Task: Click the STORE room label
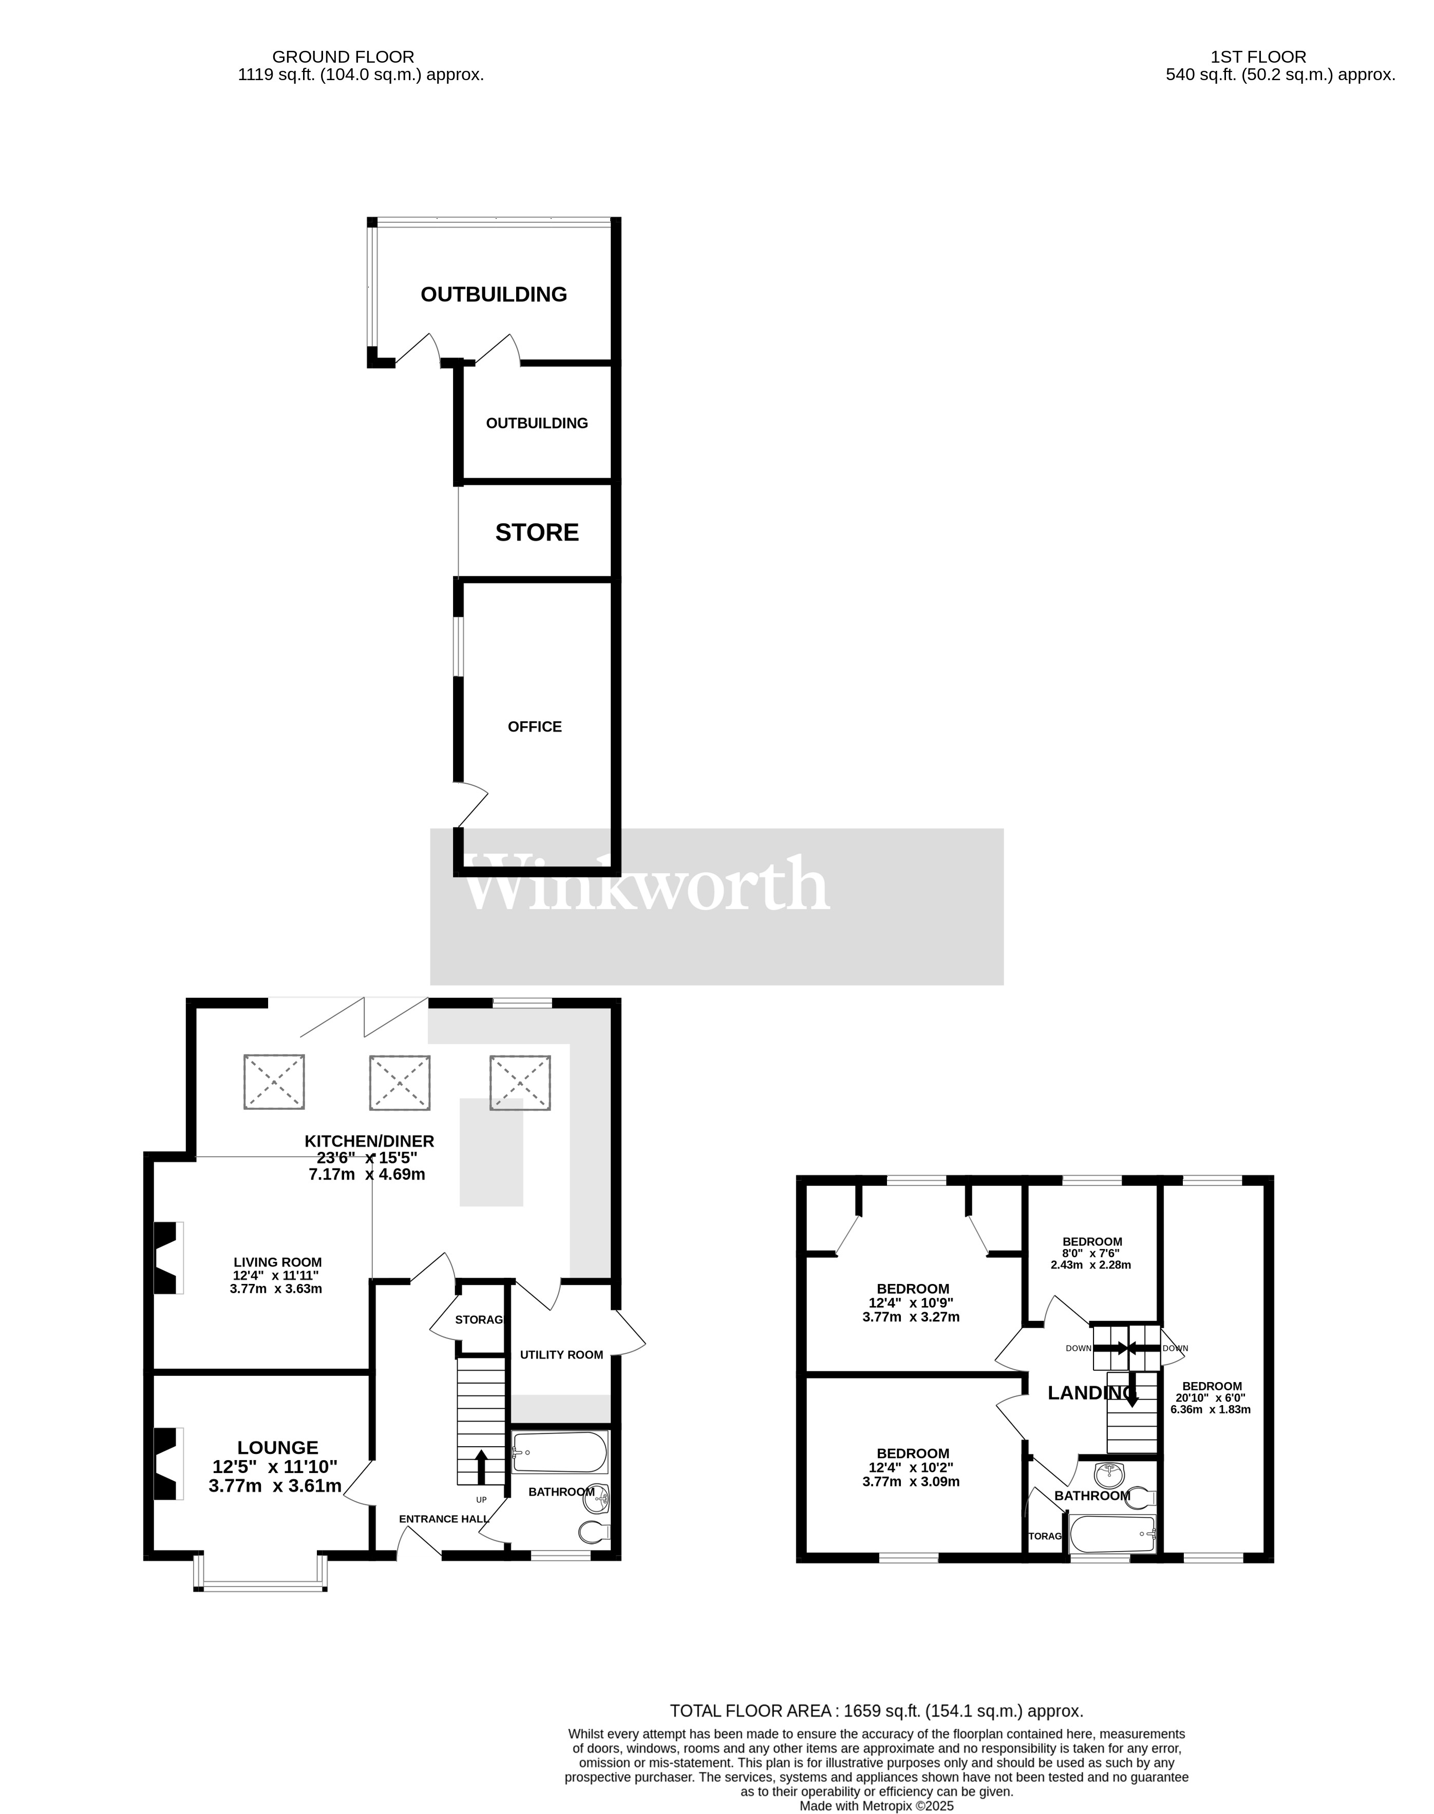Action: (537, 532)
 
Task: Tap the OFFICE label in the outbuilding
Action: (535, 727)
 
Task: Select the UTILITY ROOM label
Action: (561, 1354)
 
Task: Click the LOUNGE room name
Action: (278, 1447)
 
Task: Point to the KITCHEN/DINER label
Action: (369, 1141)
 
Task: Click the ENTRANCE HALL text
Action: (442, 1519)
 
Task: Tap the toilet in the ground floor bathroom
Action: (594, 1533)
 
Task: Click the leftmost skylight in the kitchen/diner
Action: (274, 1082)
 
